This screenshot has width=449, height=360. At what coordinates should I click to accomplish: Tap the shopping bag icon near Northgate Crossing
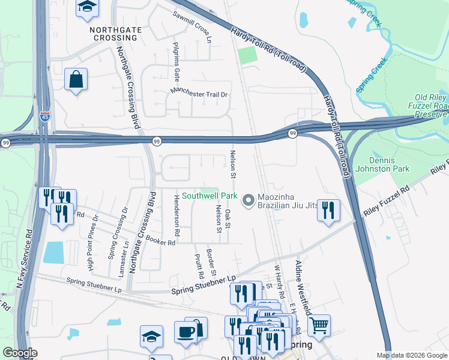[76, 80]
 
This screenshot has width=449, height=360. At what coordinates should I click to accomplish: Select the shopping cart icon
[319, 326]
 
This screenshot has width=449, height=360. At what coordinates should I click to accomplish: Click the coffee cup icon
[185, 332]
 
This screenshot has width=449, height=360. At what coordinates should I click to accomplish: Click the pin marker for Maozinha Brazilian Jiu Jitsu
[247, 201]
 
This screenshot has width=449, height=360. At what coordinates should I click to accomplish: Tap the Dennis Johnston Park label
[390, 164]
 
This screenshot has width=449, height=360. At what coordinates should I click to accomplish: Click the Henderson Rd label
[176, 214]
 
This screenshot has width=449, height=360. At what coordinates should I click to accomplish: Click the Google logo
[20, 353]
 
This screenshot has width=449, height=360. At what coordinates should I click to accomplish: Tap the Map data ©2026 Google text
[411, 355]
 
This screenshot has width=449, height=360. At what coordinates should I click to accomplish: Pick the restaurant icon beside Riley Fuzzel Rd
[328, 210]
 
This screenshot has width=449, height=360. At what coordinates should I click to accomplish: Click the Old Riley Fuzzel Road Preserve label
[431, 106]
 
